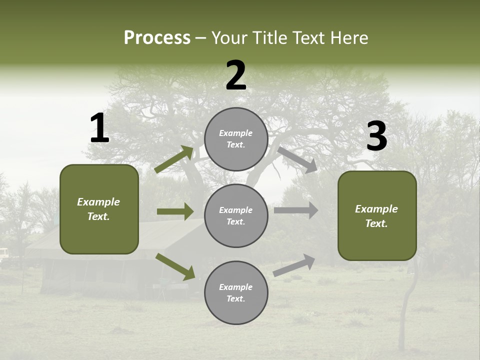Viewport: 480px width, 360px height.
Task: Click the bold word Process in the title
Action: pos(157,37)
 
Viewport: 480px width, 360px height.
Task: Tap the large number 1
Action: pos(99,128)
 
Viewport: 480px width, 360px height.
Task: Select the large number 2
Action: pos(236,75)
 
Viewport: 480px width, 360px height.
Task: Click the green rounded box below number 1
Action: pos(99,209)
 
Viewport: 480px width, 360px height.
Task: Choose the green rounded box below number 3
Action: pos(377,216)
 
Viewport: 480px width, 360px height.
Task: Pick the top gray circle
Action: pos(236,139)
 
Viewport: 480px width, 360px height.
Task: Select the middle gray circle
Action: pos(236,215)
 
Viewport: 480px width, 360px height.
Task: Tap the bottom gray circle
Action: pos(236,292)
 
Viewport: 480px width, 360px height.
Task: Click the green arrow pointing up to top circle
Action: pos(174,159)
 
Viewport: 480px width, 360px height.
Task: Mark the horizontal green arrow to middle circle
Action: pos(175,211)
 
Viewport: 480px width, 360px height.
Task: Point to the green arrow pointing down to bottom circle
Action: pos(175,266)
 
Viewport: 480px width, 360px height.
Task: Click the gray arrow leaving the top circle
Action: pos(297,159)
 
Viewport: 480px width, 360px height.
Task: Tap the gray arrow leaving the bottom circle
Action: pos(294,265)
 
